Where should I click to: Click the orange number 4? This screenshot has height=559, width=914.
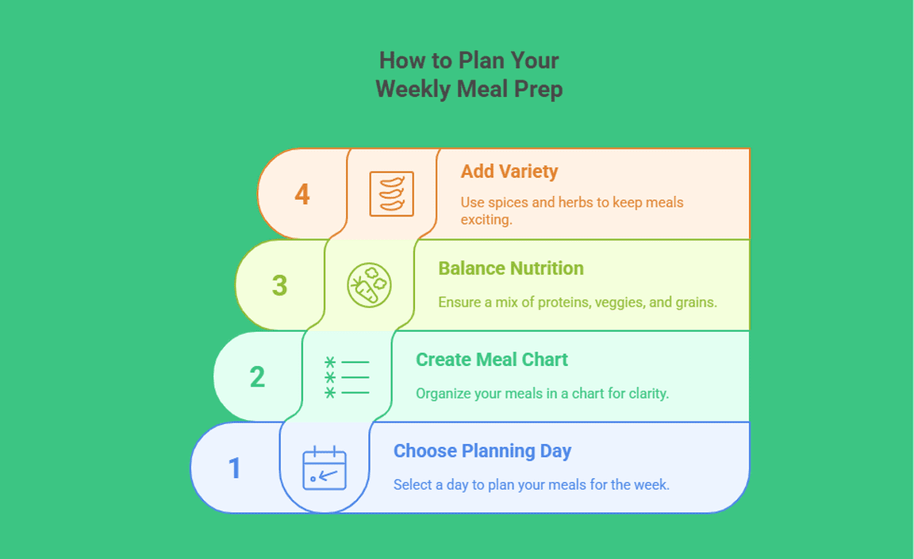[x=302, y=195]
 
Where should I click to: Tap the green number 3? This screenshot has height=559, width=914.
[x=280, y=285]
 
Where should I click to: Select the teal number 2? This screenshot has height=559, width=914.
[x=257, y=377]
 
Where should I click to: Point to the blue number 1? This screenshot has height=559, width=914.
[x=235, y=468]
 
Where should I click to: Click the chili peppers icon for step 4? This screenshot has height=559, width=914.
[x=392, y=194]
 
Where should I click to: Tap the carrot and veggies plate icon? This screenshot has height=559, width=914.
[x=369, y=285]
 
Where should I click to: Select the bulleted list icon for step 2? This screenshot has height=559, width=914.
[x=347, y=377]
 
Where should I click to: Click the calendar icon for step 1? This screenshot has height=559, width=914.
[x=325, y=468]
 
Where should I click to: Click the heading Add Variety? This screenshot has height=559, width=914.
[x=509, y=172]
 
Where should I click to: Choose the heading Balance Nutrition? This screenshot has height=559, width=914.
[x=511, y=268]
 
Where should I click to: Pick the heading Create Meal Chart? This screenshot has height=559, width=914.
[x=492, y=360]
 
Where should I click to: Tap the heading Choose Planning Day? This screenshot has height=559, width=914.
[x=482, y=451]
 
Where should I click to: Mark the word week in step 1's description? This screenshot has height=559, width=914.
[x=653, y=485]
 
